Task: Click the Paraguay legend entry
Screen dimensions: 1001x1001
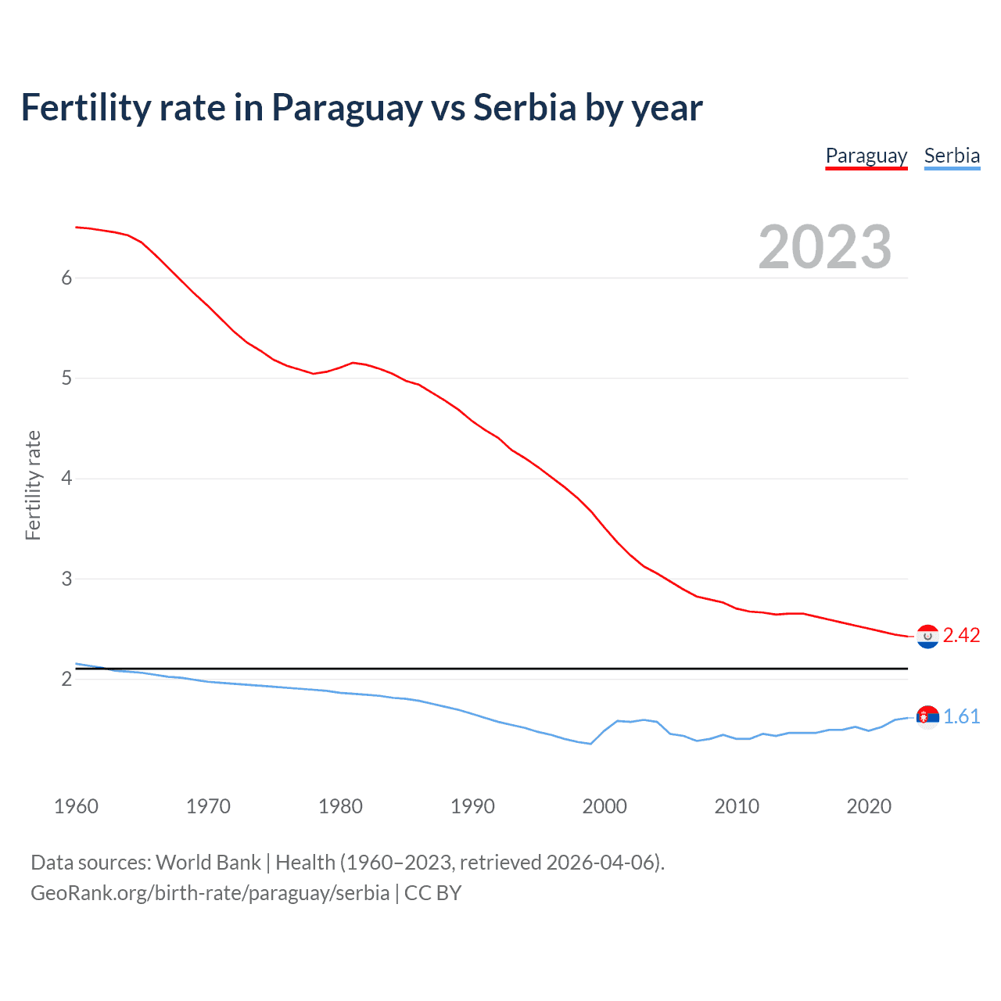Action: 866,156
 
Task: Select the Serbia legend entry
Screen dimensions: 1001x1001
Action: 952,156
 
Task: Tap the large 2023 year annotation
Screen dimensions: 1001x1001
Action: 824,247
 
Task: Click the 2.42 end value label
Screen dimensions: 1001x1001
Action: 961,636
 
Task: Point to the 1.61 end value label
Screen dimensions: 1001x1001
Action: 961,717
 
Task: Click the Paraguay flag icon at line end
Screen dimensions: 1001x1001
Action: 927,637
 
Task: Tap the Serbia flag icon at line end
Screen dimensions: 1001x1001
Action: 927,717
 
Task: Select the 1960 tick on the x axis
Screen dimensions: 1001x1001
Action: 76,806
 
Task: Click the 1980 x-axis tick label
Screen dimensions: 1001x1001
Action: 340,806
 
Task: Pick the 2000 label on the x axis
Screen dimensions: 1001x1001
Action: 605,806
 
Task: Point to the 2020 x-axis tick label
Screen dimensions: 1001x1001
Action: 869,806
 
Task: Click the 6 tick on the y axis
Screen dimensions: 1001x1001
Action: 66,278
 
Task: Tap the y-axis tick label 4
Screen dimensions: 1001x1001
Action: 66,479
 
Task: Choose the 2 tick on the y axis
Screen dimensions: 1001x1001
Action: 66,680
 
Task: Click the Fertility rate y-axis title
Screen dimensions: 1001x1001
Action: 33,485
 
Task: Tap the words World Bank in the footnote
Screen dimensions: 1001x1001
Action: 208,863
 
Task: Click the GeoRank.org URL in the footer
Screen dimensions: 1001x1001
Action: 210,893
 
